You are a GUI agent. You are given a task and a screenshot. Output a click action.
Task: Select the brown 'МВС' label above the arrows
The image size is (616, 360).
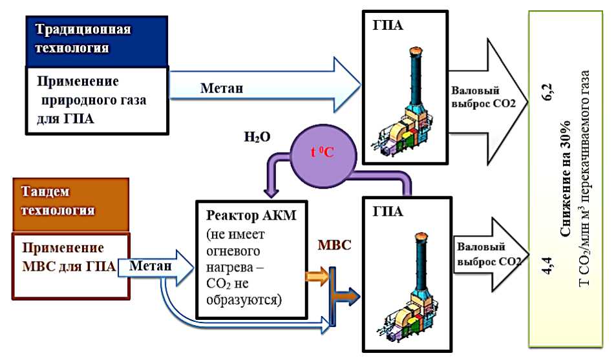pyautogui.click(x=334, y=246)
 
